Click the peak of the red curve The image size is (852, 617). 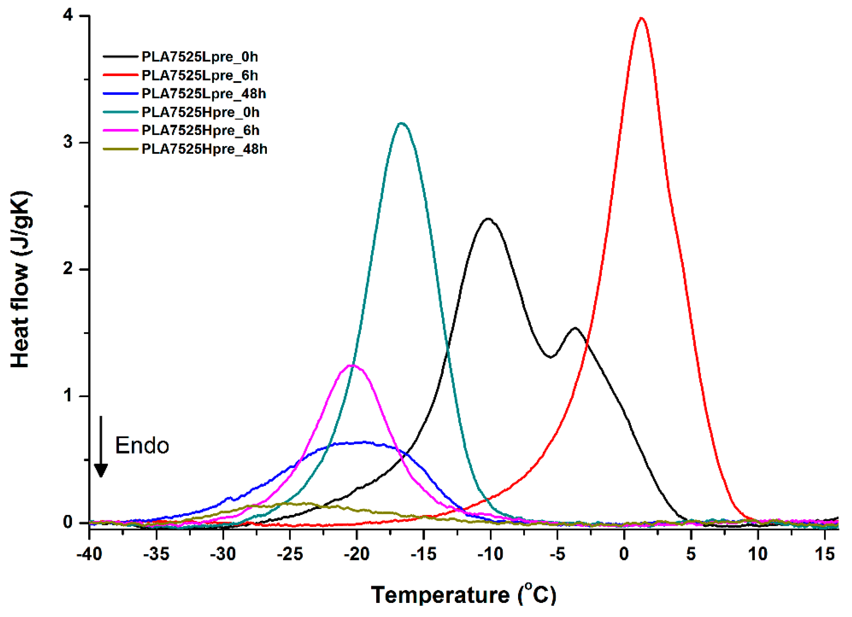pos(641,18)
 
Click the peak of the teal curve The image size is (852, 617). pos(402,123)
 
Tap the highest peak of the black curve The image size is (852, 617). pos(488,219)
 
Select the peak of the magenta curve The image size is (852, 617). pos(352,365)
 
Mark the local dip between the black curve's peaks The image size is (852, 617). pos(551,357)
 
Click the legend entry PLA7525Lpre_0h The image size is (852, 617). pos(200,57)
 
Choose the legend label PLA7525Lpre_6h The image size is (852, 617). pos(200,75)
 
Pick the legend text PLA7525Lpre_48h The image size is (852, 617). pos(204,94)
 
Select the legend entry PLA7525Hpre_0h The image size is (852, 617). pos(200,112)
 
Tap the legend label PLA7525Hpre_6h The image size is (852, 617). pos(200,130)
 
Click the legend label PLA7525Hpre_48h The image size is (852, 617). pos(204,149)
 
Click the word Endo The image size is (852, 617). pos(142,445)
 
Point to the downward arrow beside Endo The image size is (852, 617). pos(101,447)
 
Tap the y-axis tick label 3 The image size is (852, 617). pos(68,142)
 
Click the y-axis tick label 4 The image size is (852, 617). pos(68,15)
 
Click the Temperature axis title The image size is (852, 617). pos(464,594)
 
